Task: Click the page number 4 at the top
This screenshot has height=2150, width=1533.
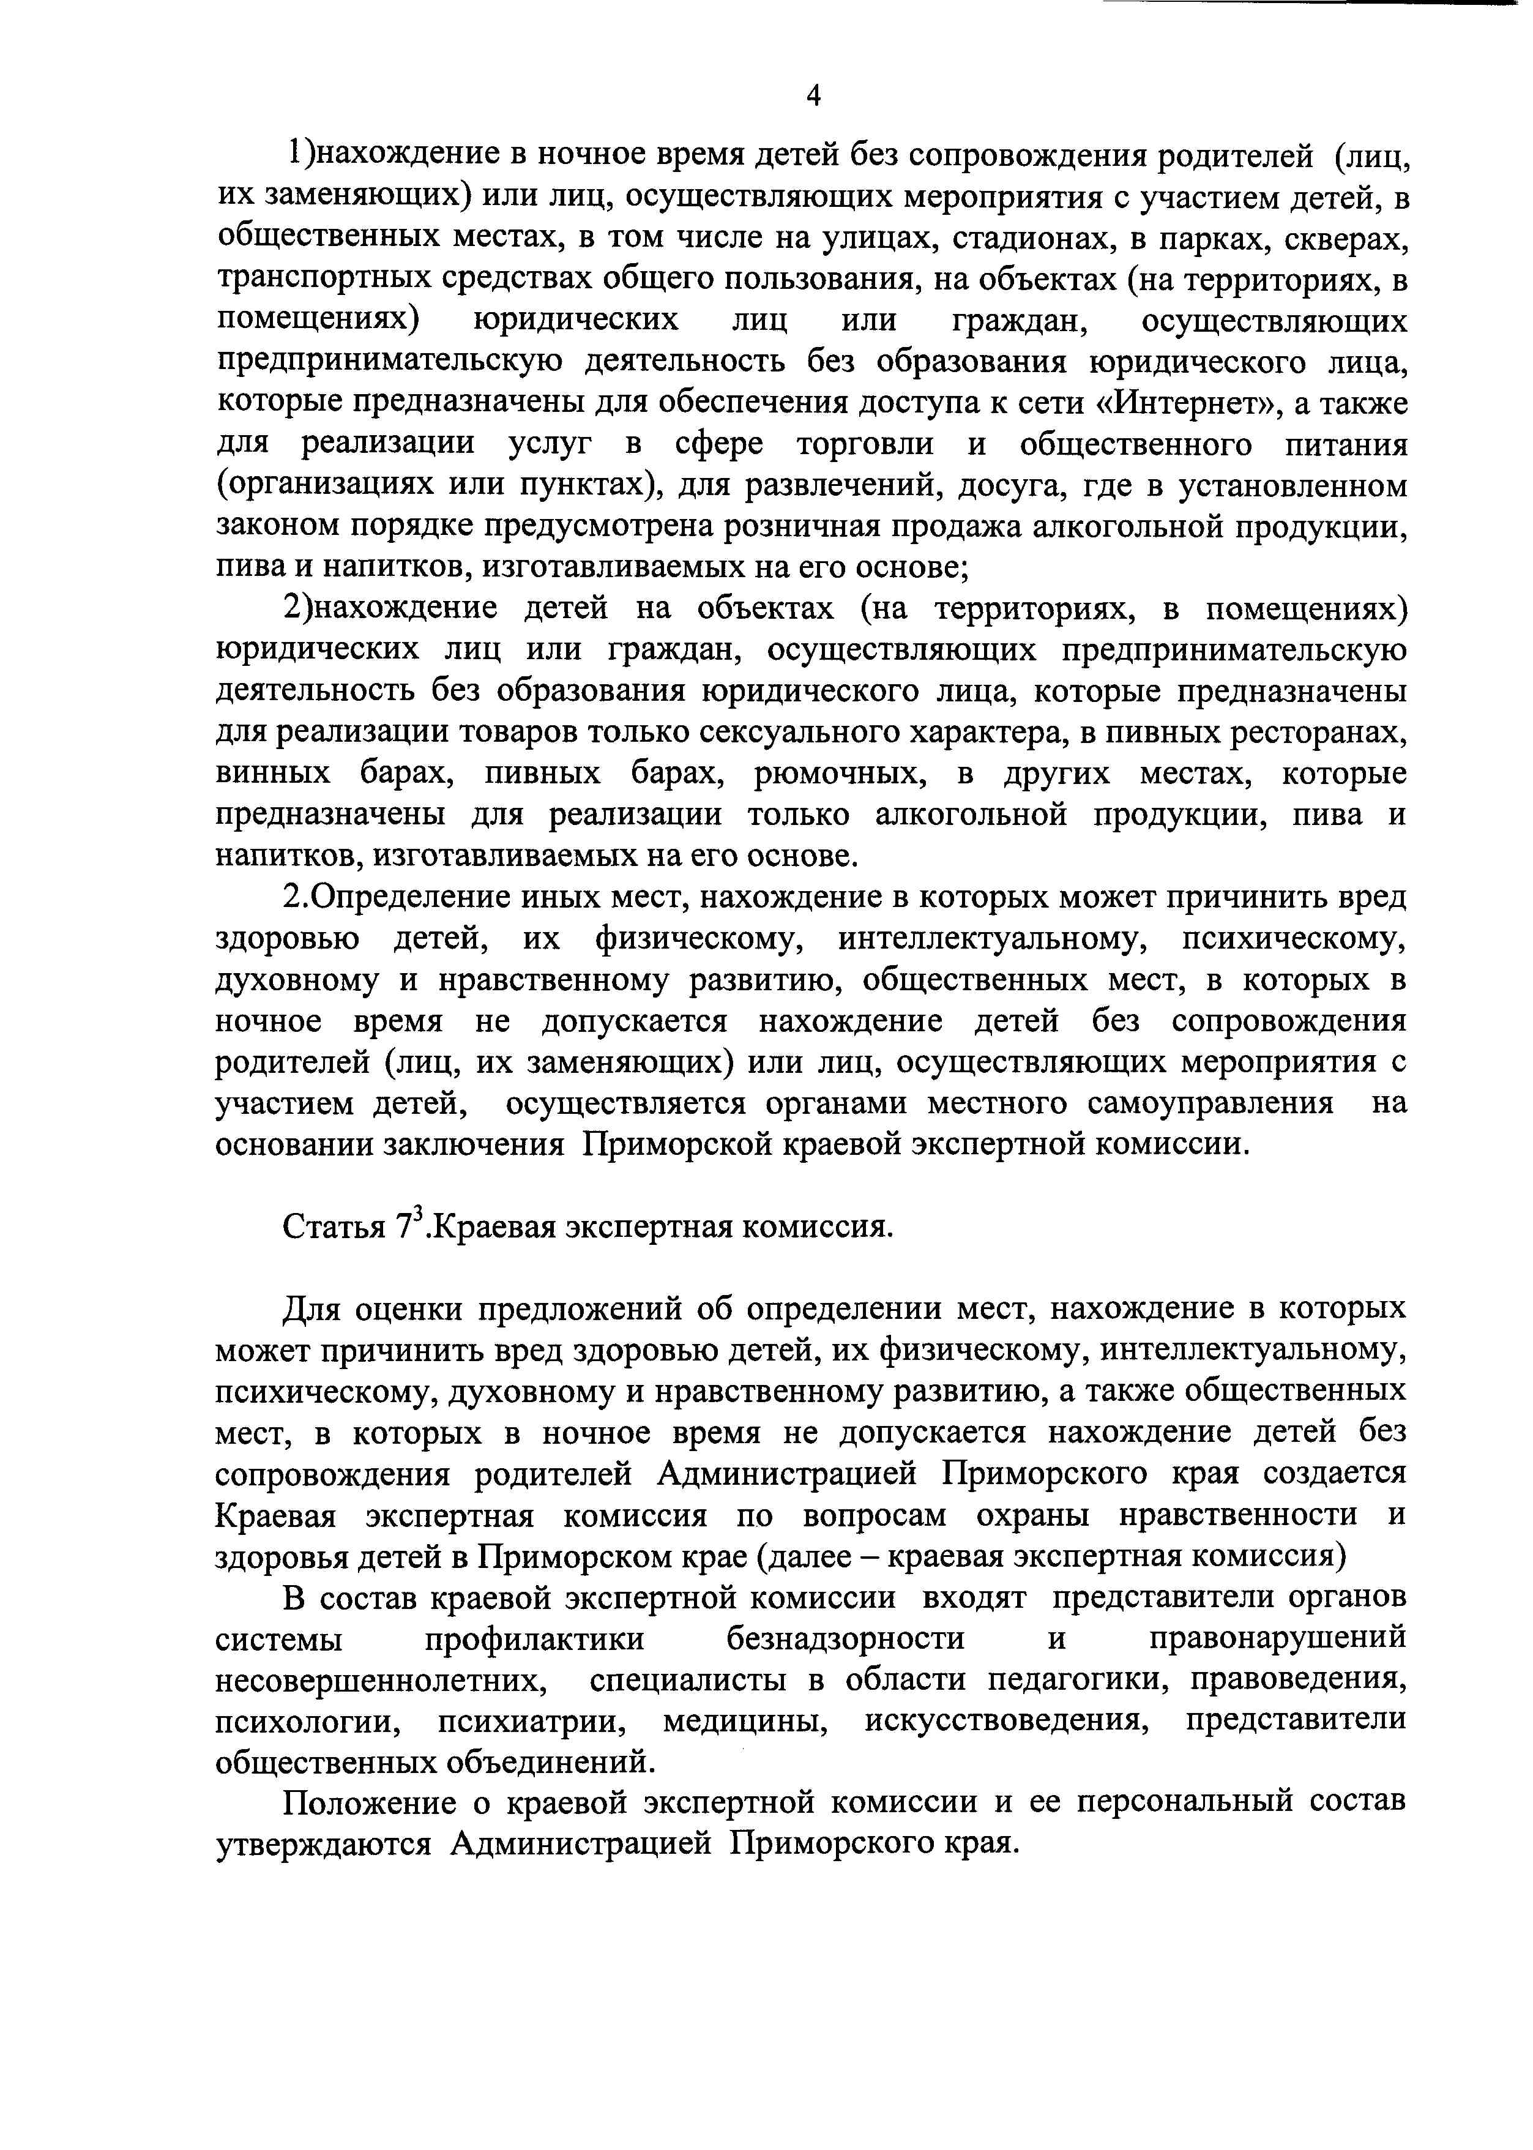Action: [x=813, y=95]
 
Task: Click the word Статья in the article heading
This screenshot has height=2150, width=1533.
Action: [x=335, y=1228]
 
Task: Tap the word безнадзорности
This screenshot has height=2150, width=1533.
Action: [x=846, y=1638]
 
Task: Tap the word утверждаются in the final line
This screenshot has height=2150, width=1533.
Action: [x=324, y=1844]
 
